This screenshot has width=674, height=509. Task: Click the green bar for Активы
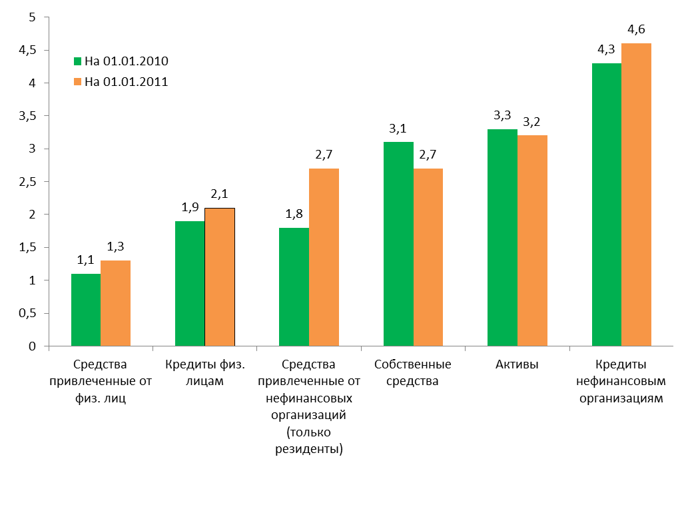(502, 238)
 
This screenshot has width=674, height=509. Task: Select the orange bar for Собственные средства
(428, 257)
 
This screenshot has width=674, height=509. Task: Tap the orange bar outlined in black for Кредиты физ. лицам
(220, 277)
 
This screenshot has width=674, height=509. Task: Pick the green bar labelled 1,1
(86, 310)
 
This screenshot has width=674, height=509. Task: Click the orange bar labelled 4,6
(636, 195)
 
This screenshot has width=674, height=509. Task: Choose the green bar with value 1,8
(294, 286)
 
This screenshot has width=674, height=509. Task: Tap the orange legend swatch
(77, 82)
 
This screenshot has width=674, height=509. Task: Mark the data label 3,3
(502, 115)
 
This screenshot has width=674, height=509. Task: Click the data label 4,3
(606, 49)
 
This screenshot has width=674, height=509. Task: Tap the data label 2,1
(220, 194)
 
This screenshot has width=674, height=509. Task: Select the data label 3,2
(531, 121)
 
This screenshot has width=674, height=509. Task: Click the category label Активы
(517, 364)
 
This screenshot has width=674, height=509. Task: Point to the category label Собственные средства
(413, 373)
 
